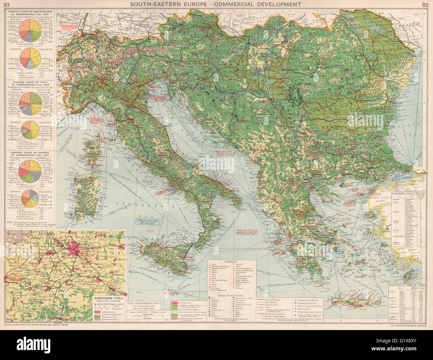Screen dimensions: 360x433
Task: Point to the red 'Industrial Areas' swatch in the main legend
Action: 175,303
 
